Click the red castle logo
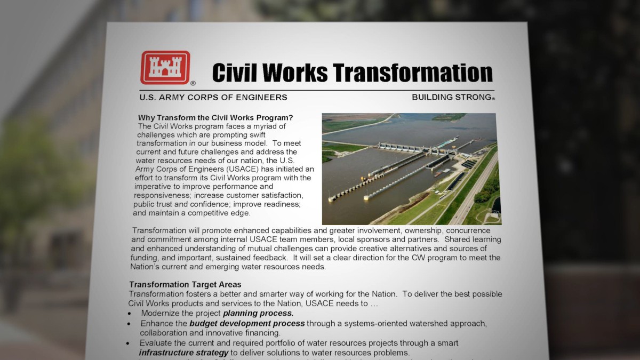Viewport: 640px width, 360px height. coord(165,68)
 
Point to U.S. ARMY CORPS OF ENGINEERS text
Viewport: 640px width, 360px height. coord(213,97)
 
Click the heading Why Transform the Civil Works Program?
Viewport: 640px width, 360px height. coord(215,118)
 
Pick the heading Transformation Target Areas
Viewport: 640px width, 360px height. coord(185,285)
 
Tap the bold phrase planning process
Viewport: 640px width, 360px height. coord(258,313)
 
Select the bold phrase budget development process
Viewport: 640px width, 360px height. coord(247,323)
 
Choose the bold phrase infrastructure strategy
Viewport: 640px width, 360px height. coord(183,353)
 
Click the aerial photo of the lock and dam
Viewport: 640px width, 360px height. coord(411,169)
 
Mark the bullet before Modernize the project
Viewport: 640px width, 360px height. coord(130,314)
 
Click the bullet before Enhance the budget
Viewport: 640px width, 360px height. coord(129,324)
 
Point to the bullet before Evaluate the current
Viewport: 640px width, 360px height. coord(127,343)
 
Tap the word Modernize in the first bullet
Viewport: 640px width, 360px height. coord(162,313)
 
